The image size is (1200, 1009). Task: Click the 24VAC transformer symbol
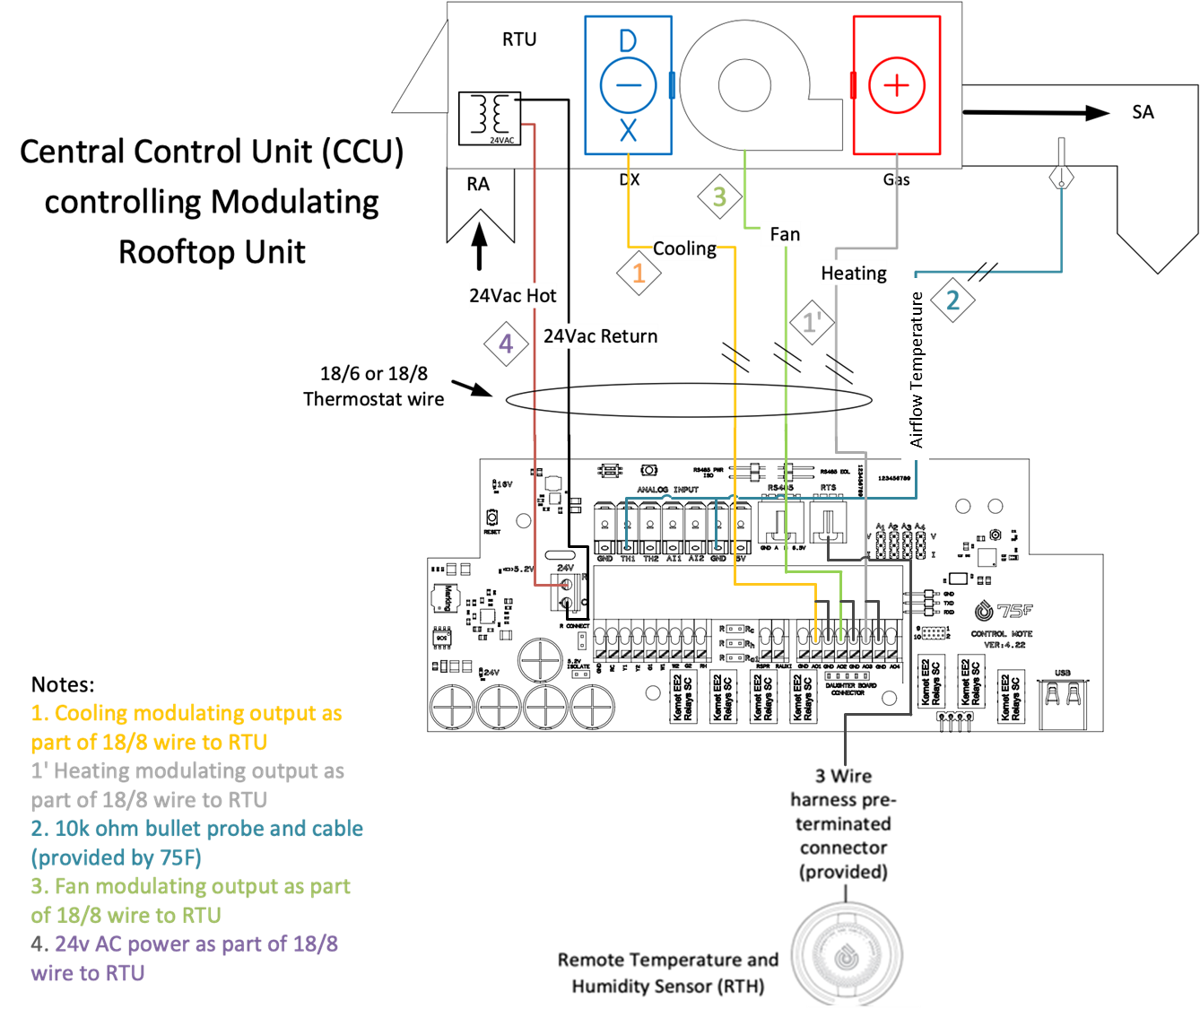[x=489, y=117]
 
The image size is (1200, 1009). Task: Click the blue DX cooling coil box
[x=628, y=85]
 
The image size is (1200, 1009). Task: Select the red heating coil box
[x=896, y=85]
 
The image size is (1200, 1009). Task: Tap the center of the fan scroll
[x=744, y=86]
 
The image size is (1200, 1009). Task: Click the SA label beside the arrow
[x=1143, y=112]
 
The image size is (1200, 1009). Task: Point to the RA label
[x=478, y=184]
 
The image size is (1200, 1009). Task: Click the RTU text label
[x=519, y=39]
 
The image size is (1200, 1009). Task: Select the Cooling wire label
[x=684, y=248]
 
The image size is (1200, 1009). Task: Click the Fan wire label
[x=785, y=234]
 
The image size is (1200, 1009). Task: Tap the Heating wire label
[x=854, y=273]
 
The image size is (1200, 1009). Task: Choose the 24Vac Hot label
[x=513, y=295]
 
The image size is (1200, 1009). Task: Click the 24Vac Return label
[x=601, y=336]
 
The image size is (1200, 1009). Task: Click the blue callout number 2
[x=952, y=300]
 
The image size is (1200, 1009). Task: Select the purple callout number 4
[x=506, y=344]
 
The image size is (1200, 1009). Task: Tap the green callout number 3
[x=719, y=197]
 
